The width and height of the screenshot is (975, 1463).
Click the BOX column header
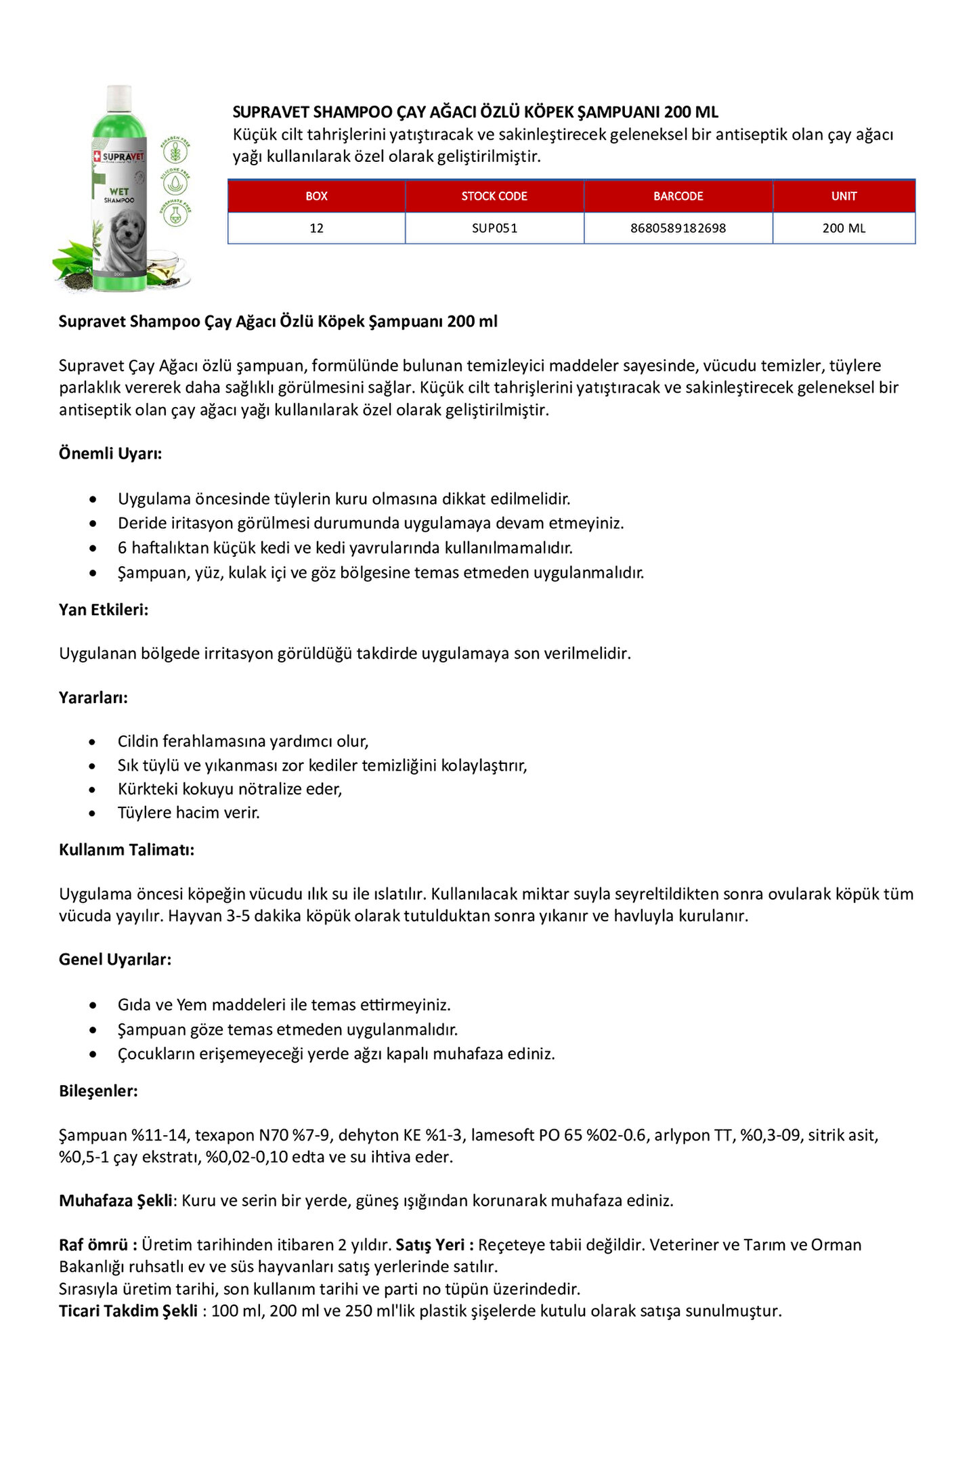316,196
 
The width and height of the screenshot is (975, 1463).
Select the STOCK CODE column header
494,196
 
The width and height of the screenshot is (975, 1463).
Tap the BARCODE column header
678,196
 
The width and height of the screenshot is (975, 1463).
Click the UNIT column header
844,196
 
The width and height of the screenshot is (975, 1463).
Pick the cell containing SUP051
494,228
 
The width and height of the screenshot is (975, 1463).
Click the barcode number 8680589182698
678,228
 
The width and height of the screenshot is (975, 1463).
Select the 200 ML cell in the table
844,228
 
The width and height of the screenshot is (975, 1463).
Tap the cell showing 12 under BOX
316,228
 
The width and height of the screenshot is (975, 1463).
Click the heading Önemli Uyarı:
110,454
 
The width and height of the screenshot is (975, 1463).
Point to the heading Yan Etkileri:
104,610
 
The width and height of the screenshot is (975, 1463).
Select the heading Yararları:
93,698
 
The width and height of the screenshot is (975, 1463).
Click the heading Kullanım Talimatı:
127,850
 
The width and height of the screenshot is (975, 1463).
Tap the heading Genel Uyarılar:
115,960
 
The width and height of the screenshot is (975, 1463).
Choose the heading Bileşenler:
98,1091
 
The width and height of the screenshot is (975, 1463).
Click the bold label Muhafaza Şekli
116,1201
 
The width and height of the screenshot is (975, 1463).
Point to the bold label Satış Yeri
430,1245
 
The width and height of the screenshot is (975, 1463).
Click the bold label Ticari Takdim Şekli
128,1311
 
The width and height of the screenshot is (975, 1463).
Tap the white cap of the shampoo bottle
120,95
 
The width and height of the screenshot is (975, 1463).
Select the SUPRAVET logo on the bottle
119,156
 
